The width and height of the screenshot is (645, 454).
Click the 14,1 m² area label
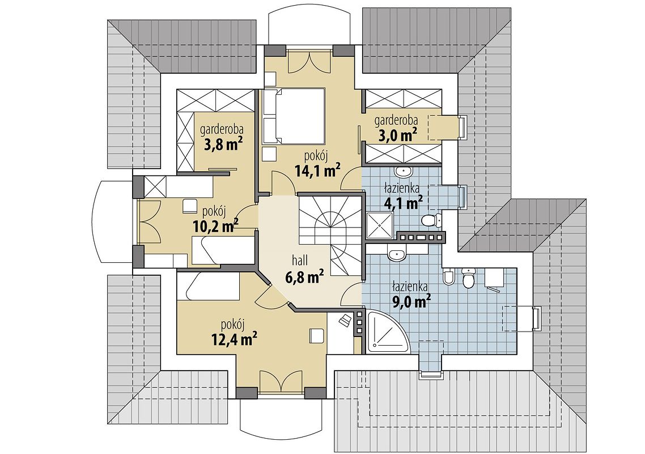click(317, 171)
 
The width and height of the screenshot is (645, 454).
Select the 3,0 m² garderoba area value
click(396, 134)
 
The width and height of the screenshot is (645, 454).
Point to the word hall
click(300, 260)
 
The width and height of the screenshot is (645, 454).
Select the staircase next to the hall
click(331, 237)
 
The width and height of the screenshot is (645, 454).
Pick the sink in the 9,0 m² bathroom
click(397, 253)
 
